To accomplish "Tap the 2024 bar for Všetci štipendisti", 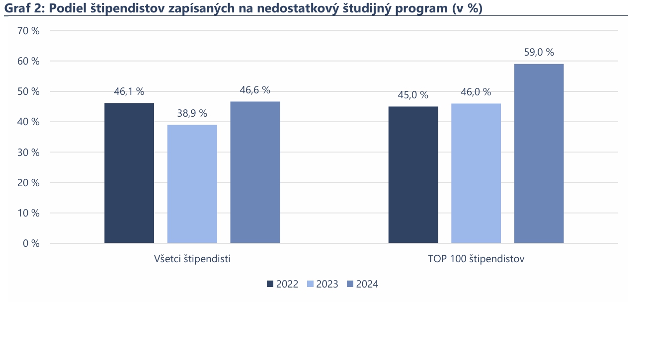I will click(x=255, y=172).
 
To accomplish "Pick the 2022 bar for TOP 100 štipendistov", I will click(x=413, y=175).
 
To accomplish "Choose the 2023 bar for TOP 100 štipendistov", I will click(x=476, y=173).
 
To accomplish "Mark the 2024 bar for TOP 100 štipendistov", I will click(x=539, y=153).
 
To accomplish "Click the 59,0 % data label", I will click(x=539, y=52).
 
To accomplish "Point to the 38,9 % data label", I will click(x=192, y=113).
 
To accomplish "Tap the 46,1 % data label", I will click(x=129, y=91).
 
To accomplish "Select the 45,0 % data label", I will click(x=413, y=95).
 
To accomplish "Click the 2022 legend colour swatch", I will click(x=270, y=284).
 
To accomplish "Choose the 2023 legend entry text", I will click(x=327, y=284).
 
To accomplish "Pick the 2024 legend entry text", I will click(x=367, y=284).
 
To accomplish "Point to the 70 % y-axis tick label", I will click(x=28, y=31).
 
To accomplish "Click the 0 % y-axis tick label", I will click(x=31, y=243).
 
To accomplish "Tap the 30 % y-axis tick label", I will click(x=28, y=152).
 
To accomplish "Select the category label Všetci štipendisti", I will click(x=192, y=259).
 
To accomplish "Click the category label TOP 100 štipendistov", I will click(x=476, y=259).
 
